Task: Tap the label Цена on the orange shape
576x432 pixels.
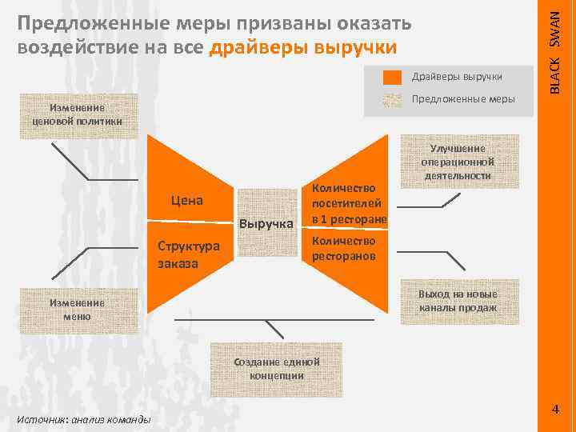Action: point(187,200)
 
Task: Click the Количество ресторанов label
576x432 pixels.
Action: point(344,249)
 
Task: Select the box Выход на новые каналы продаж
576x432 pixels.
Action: point(457,301)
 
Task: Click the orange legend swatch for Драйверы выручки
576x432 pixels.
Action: point(392,77)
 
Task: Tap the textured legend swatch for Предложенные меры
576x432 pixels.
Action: point(392,100)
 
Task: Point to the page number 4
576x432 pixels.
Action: point(555,410)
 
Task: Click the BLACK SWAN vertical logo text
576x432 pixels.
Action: point(562,48)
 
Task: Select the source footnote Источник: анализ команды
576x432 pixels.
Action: point(82,419)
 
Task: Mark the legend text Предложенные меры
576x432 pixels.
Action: point(463,99)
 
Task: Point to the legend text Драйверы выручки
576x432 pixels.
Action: point(457,77)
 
